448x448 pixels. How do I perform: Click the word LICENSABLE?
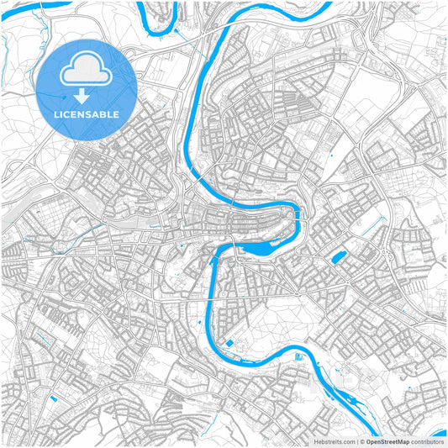87,113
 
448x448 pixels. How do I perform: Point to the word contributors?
427,440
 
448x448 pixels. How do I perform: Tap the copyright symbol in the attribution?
361,440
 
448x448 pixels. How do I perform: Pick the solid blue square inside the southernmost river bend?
228,344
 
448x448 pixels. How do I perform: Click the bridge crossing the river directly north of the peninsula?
227,200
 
